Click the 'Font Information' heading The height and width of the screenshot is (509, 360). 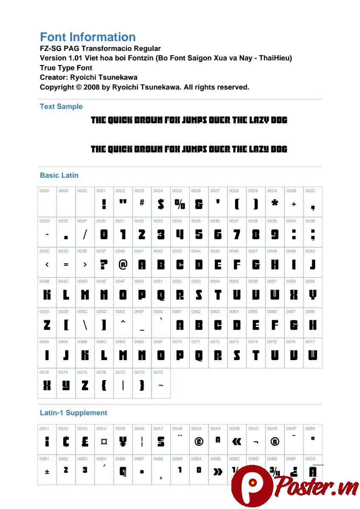click(87, 37)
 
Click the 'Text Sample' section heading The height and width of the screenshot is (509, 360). click(61, 106)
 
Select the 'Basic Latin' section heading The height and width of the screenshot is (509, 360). click(59, 175)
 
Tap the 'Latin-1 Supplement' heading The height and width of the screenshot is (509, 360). click(73, 413)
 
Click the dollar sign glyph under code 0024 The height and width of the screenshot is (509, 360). click(160, 204)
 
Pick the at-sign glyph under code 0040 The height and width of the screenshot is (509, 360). click(123, 265)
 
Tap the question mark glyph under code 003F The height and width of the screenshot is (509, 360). click(104, 265)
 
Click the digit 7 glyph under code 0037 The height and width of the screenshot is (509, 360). click(237, 235)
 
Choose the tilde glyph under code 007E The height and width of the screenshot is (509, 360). click(160, 386)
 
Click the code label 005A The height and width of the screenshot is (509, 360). click(44, 311)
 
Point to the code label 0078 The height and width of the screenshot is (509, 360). click(44, 372)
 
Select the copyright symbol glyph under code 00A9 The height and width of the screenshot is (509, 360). click(199, 442)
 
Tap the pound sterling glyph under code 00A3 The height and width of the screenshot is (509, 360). click(85, 442)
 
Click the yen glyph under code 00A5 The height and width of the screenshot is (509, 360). click(123, 442)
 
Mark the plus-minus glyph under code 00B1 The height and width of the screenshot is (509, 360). click(47, 471)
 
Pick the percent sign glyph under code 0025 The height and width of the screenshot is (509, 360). click(180, 204)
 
